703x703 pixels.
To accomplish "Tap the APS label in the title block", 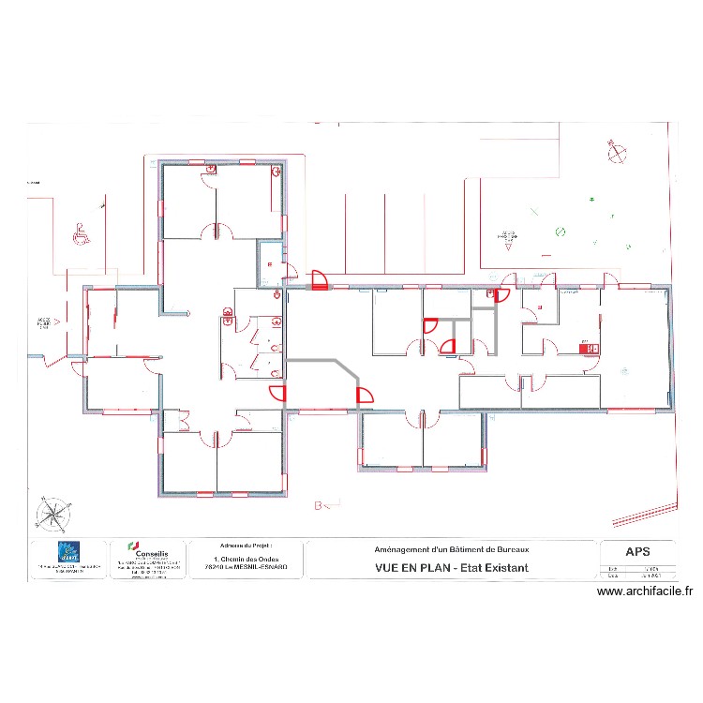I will [636, 551].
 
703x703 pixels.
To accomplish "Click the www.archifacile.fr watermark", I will [645, 591].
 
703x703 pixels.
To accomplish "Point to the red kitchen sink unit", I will [590, 349].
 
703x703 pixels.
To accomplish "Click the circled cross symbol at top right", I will [616, 150].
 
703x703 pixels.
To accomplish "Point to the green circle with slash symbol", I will [560, 231].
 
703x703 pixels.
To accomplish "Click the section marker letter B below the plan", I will [319, 506].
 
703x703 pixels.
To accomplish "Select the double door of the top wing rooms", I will [216, 230].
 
